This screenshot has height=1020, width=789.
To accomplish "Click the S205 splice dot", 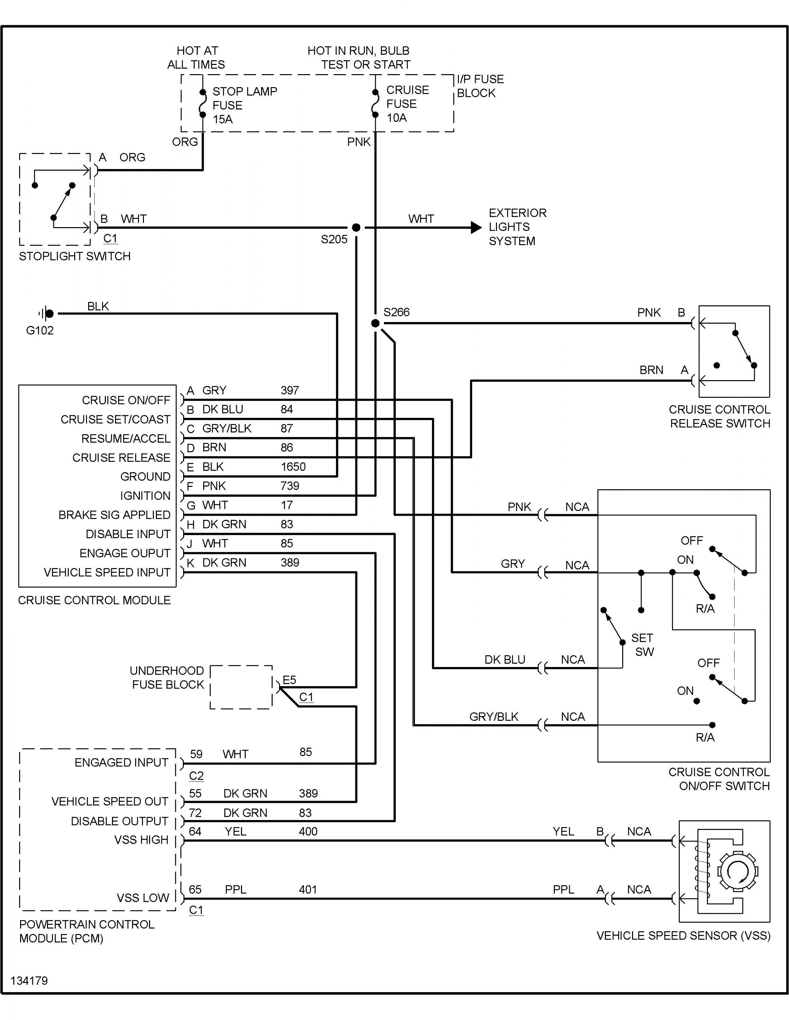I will click(356, 227).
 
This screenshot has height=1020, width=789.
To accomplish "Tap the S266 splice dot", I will click(375, 323).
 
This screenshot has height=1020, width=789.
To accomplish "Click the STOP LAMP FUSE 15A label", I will click(244, 105).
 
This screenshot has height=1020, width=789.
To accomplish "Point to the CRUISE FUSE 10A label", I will click(407, 104).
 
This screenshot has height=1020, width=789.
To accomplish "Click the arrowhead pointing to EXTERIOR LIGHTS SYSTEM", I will click(476, 227).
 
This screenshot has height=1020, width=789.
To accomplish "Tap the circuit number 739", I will click(289, 486).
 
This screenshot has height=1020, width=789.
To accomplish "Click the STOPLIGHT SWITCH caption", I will click(75, 256).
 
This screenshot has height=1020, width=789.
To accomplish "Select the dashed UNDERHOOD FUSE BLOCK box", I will click(241, 687).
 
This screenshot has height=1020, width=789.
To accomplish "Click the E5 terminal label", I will click(289, 680).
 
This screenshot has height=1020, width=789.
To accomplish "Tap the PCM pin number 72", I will click(195, 813).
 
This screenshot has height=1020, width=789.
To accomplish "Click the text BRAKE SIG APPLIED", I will click(114, 515).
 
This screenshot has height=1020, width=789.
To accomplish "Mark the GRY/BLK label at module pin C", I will click(227, 428).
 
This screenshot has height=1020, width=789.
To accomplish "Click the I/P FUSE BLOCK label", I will click(480, 86).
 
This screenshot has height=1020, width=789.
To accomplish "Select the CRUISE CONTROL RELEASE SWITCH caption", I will click(719, 416).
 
